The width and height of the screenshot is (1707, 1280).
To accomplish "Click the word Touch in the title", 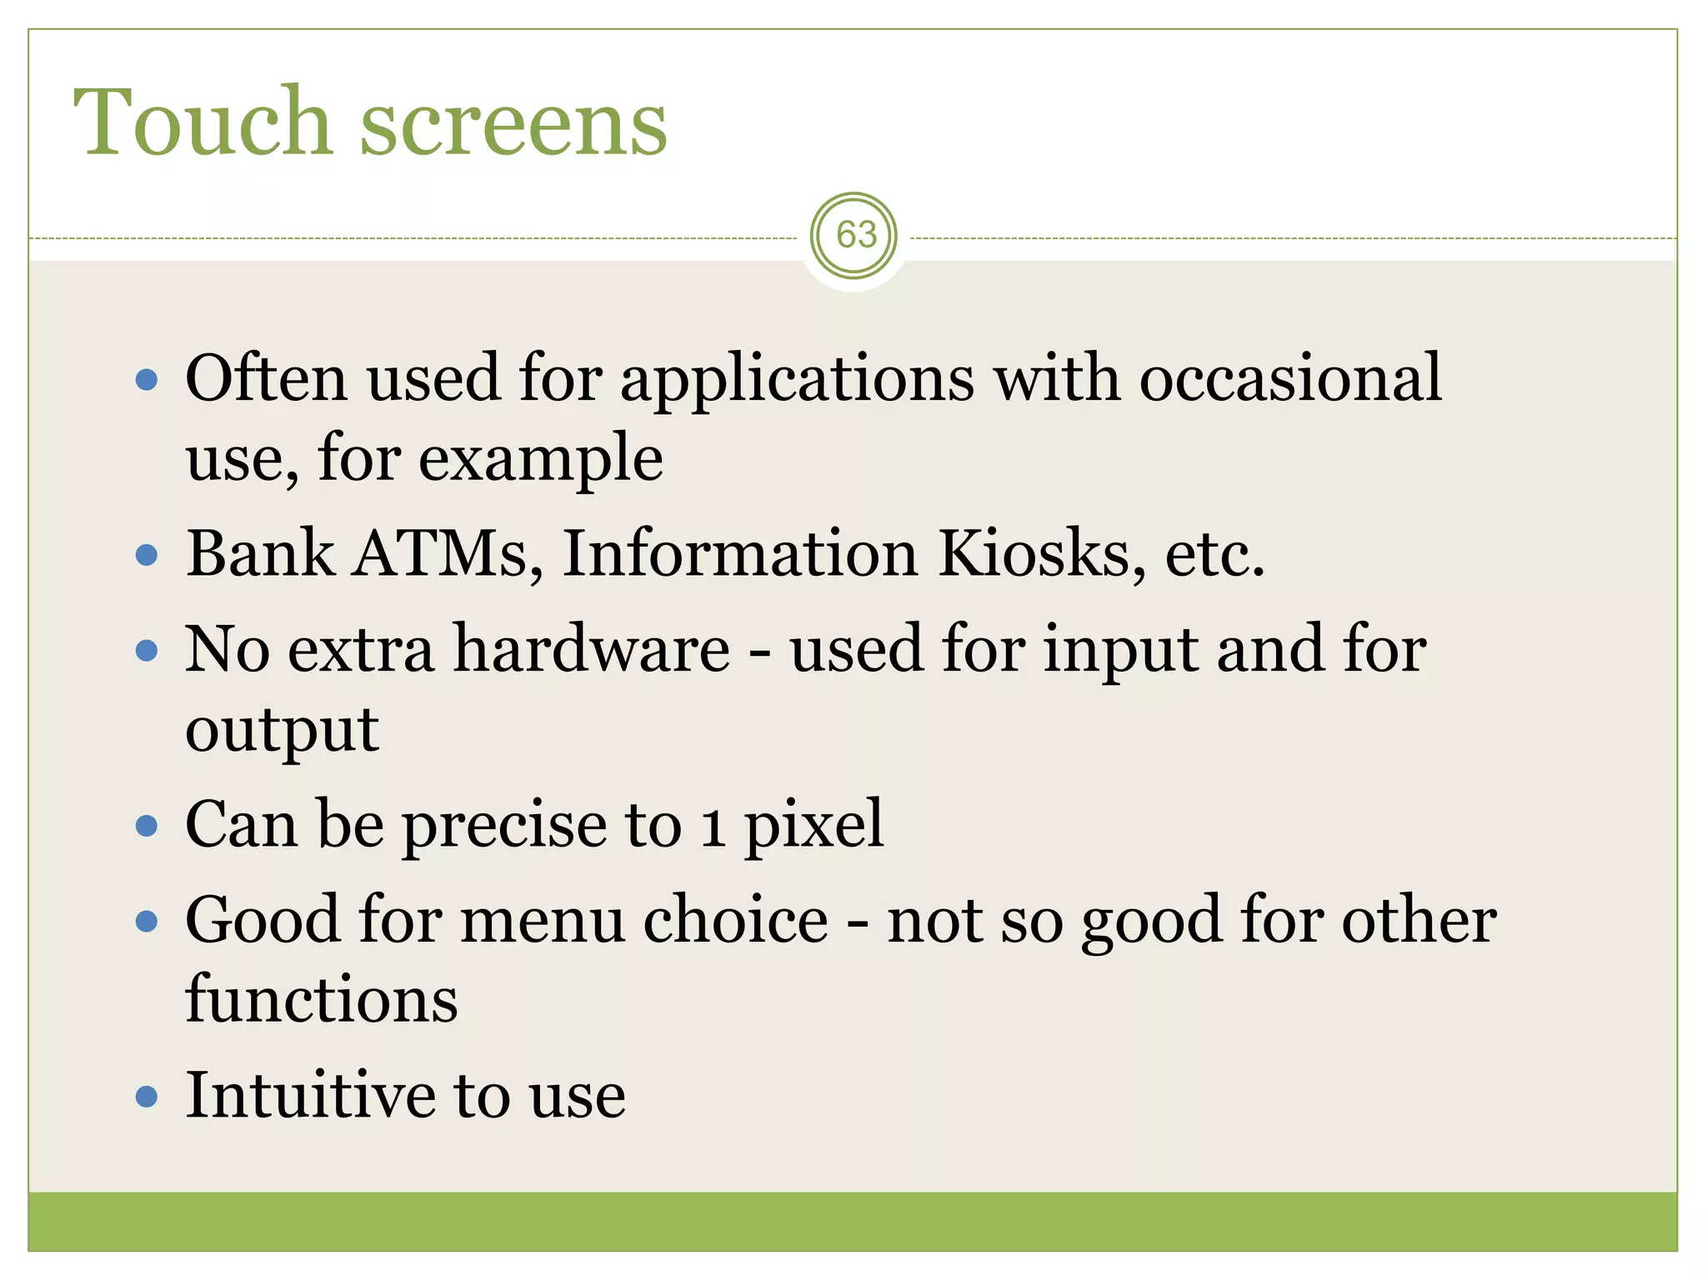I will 203,122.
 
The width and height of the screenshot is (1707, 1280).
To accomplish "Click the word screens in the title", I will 513,125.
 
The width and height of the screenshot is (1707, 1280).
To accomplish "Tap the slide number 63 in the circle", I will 856,236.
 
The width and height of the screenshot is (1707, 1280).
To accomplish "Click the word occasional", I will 1290,379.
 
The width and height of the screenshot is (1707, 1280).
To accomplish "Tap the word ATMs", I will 448,554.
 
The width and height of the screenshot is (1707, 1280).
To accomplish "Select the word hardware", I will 592,650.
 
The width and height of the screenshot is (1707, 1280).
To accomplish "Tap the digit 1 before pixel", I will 713,829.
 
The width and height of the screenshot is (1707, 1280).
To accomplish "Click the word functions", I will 322,1000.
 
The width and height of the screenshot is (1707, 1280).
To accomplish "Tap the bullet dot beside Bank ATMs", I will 147,555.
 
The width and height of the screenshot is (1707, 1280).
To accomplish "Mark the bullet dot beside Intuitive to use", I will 147,1096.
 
